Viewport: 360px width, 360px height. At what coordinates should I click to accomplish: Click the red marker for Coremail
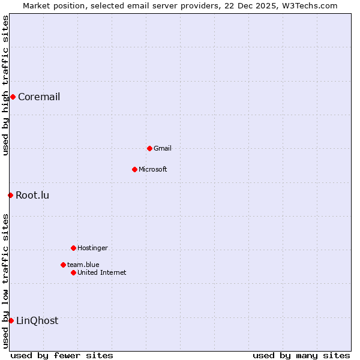click(x=13, y=97)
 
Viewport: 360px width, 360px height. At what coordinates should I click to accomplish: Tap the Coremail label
click(x=39, y=97)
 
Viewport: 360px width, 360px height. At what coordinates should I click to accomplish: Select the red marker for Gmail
click(x=149, y=148)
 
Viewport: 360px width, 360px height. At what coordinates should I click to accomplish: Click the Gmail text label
click(x=163, y=149)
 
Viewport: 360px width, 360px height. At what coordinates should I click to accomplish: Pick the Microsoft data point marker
click(x=134, y=169)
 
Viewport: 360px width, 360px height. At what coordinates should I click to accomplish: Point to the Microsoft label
click(x=153, y=170)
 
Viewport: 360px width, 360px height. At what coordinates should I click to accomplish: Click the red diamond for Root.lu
click(x=10, y=195)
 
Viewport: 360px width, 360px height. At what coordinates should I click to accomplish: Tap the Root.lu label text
click(x=32, y=196)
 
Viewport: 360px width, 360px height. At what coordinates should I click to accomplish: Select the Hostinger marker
click(x=73, y=248)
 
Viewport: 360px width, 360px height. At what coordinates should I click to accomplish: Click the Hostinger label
click(x=92, y=248)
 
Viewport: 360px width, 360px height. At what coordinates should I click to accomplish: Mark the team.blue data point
click(x=63, y=265)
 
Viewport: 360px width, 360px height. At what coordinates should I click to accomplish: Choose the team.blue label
click(x=83, y=265)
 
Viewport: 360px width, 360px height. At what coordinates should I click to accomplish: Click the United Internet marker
click(x=73, y=272)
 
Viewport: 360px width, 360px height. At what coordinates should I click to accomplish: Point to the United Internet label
click(x=102, y=273)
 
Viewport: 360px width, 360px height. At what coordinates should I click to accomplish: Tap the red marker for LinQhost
click(x=11, y=320)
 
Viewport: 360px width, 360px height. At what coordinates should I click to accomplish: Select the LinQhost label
click(x=37, y=321)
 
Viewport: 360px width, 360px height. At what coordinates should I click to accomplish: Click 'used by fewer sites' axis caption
click(x=62, y=356)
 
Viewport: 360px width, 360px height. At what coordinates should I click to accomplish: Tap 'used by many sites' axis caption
click(x=301, y=356)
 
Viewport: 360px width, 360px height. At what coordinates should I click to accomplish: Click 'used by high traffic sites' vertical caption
click(x=5, y=85)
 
